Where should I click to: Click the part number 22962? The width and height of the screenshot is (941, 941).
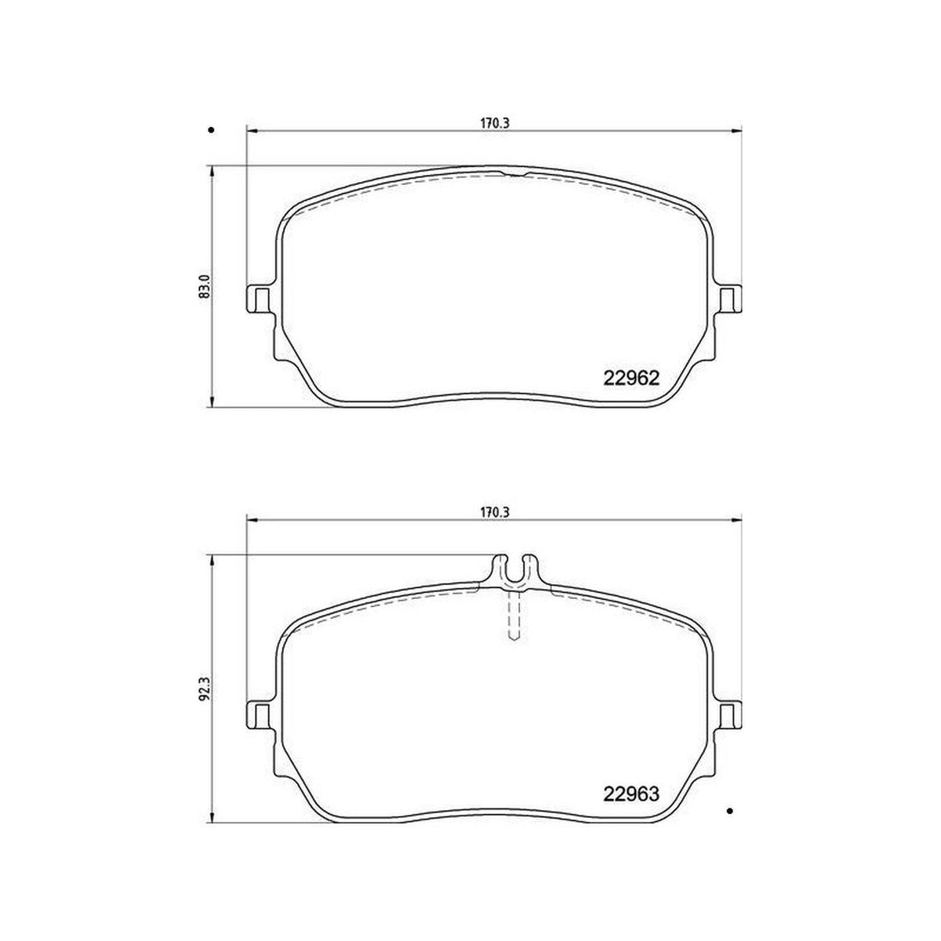631,378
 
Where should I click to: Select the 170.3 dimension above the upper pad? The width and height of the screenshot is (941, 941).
495,124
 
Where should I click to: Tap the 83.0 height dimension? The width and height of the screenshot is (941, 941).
205,286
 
